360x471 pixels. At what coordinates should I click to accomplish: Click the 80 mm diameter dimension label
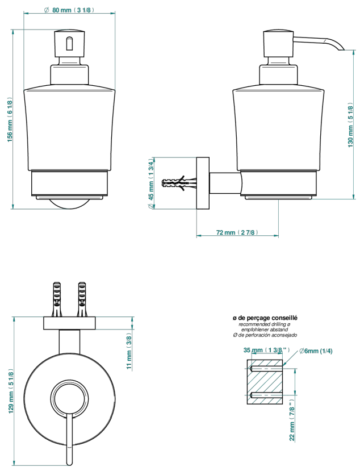click(69, 10)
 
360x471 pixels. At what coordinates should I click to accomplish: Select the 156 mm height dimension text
click(9, 119)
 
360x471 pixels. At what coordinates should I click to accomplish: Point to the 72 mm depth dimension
click(237, 232)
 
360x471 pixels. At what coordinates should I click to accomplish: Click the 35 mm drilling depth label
click(267, 350)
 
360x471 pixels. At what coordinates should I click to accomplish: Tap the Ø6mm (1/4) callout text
click(316, 351)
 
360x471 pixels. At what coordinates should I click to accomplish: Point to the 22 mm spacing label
click(292, 420)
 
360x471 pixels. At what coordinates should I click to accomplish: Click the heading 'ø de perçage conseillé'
click(265, 318)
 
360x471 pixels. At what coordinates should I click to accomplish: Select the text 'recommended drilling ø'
click(265, 324)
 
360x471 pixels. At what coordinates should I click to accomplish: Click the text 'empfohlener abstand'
click(265, 330)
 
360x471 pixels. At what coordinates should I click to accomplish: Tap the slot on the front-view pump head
click(69, 44)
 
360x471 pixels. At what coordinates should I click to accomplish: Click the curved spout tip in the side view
click(340, 48)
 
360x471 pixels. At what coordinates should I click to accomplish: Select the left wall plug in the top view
click(57, 299)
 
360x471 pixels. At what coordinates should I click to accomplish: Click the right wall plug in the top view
click(82, 299)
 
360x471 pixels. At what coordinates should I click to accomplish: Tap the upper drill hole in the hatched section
click(266, 369)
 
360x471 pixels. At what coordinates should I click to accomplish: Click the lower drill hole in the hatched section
click(266, 394)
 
